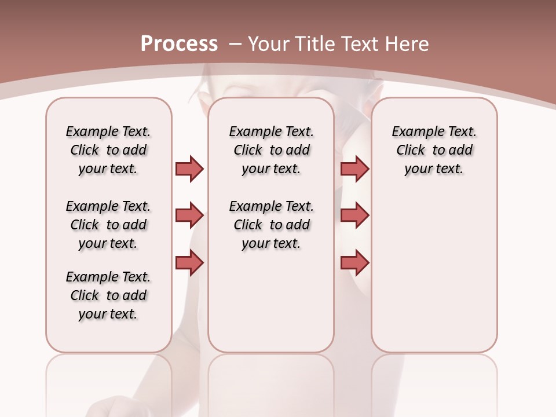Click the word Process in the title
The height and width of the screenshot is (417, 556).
tap(179, 44)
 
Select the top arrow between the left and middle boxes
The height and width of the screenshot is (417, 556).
tap(189, 169)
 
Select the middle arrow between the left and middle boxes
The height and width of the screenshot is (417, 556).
tap(189, 215)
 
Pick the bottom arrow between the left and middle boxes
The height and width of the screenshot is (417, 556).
tap(189, 263)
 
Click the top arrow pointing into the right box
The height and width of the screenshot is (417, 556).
tap(354, 169)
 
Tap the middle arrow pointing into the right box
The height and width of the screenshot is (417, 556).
tap(354, 215)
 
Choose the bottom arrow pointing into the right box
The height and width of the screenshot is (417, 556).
tap(354, 263)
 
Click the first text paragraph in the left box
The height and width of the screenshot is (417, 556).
tap(108, 150)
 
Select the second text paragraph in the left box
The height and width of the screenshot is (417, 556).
tap(108, 225)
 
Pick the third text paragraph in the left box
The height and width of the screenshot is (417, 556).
tap(108, 295)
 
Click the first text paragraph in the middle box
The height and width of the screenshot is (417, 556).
tap(271, 150)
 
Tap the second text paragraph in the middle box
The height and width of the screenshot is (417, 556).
tap(271, 225)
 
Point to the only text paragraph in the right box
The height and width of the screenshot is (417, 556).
tap(434, 150)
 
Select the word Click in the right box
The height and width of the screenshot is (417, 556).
tap(411, 151)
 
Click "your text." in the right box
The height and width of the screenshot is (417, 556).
tap(434, 169)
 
